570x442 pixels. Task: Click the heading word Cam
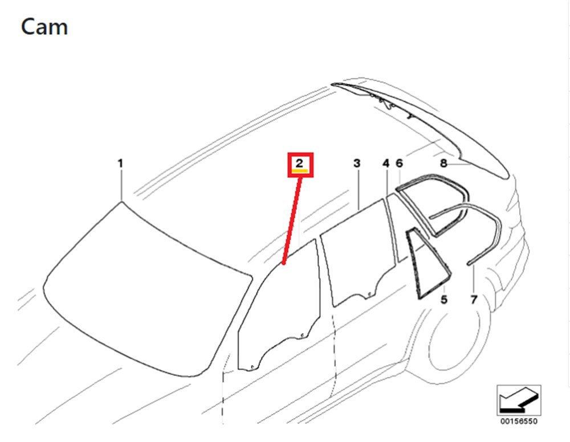point(44,27)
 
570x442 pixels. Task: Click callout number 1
point(120,163)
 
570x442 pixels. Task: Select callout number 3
point(357,163)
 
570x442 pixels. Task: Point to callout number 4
point(386,163)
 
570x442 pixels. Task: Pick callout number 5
point(444,300)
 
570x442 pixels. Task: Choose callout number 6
point(399,163)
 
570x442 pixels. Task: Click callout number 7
point(474,300)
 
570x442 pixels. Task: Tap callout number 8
point(443,163)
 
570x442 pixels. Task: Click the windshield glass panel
point(145,290)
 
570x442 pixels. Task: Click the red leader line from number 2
point(291,221)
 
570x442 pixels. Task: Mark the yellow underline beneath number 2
point(300,170)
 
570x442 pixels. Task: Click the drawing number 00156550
point(519,421)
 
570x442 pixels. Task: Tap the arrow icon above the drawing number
point(519,400)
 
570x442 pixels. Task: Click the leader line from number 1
point(121,185)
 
